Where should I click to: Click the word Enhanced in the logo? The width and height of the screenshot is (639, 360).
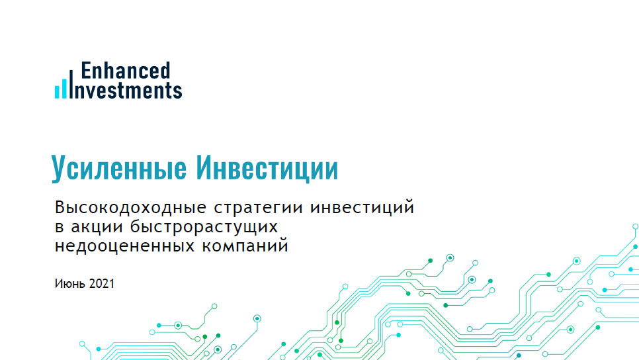pyautogui.click(x=125, y=70)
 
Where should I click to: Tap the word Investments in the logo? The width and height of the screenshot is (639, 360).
pyautogui.click(x=130, y=89)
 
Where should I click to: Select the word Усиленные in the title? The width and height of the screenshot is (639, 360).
pyautogui.click(x=118, y=169)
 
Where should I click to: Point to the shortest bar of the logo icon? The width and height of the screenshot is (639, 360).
pyautogui.click(x=57, y=93)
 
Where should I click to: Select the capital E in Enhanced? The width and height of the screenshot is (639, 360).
pyautogui.click(x=85, y=70)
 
